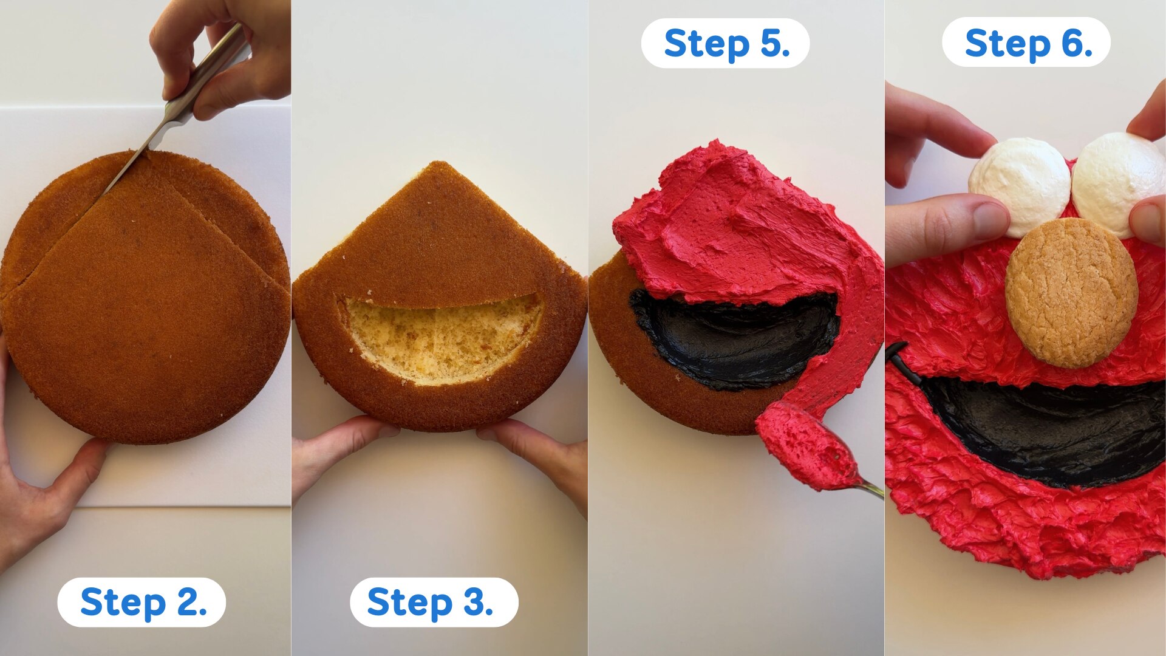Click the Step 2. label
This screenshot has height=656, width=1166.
pos(141,602)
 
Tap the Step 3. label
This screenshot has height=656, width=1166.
pos(434,602)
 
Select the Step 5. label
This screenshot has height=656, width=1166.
pos(725,43)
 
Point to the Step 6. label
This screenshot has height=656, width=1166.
pos(1026,43)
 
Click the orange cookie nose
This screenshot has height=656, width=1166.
pos(1071,293)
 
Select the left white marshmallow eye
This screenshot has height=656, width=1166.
pos(1020,186)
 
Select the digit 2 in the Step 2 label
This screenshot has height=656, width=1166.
pos(186,603)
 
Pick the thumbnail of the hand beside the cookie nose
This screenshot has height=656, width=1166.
pos(991,219)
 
